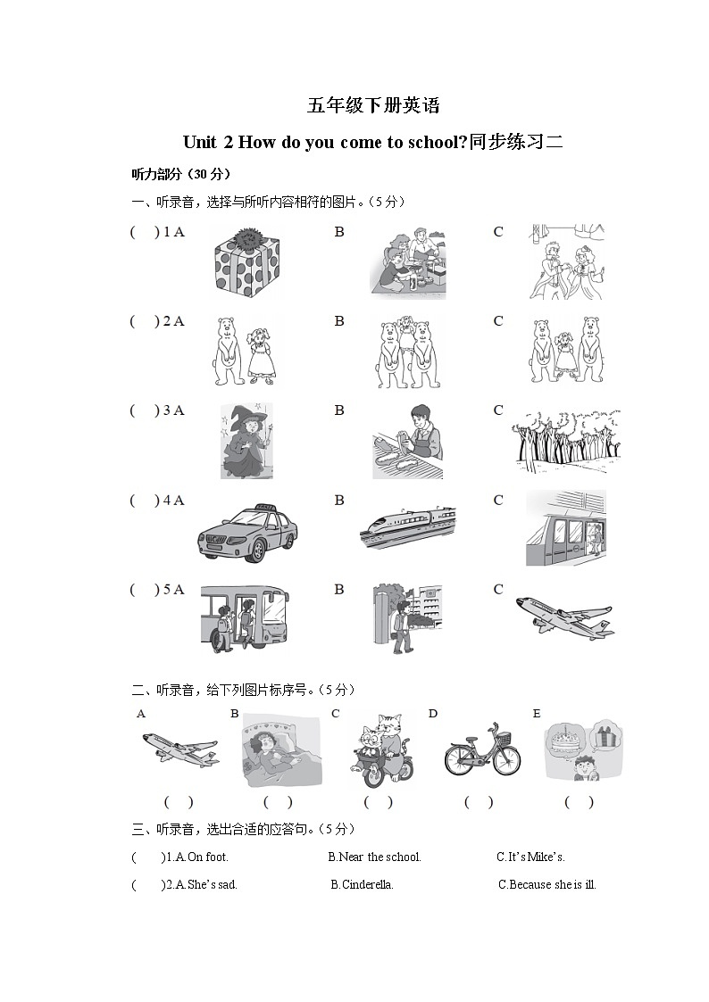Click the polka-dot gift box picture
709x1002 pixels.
tap(247, 261)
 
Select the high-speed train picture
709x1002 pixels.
tap(406, 525)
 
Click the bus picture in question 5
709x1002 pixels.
tap(244, 618)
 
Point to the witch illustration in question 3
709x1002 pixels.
tap(246, 441)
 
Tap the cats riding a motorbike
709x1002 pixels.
tap(378, 750)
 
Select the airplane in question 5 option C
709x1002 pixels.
tap(564, 617)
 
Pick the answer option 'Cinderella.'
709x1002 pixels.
tap(367, 885)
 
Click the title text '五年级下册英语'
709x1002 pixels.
tap(373, 105)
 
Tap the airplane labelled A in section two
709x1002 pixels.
tap(179, 748)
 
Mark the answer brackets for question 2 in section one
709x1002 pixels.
tap(144, 321)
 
